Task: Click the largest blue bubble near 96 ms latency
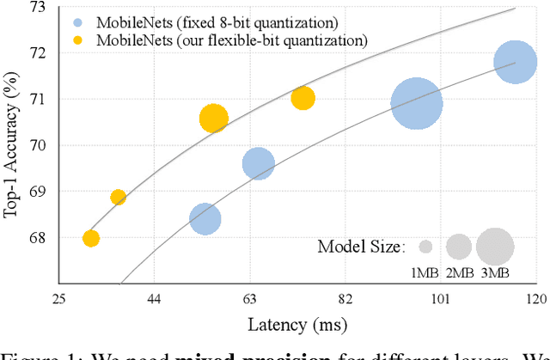pyautogui.click(x=416, y=104)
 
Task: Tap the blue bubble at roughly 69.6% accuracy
pyautogui.click(x=258, y=163)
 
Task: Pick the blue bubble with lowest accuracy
pyautogui.click(x=205, y=219)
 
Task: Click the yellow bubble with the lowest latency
pyautogui.click(x=91, y=238)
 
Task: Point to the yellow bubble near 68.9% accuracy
pyautogui.click(x=119, y=198)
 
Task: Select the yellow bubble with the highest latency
pyautogui.click(x=302, y=98)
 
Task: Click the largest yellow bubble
pyautogui.click(x=213, y=119)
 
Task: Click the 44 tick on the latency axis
pyautogui.click(x=155, y=299)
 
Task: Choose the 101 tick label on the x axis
pyautogui.click(x=441, y=299)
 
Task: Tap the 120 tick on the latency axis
pyautogui.click(x=536, y=299)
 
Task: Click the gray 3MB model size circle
pyautogui.click(x=494, y=247)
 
